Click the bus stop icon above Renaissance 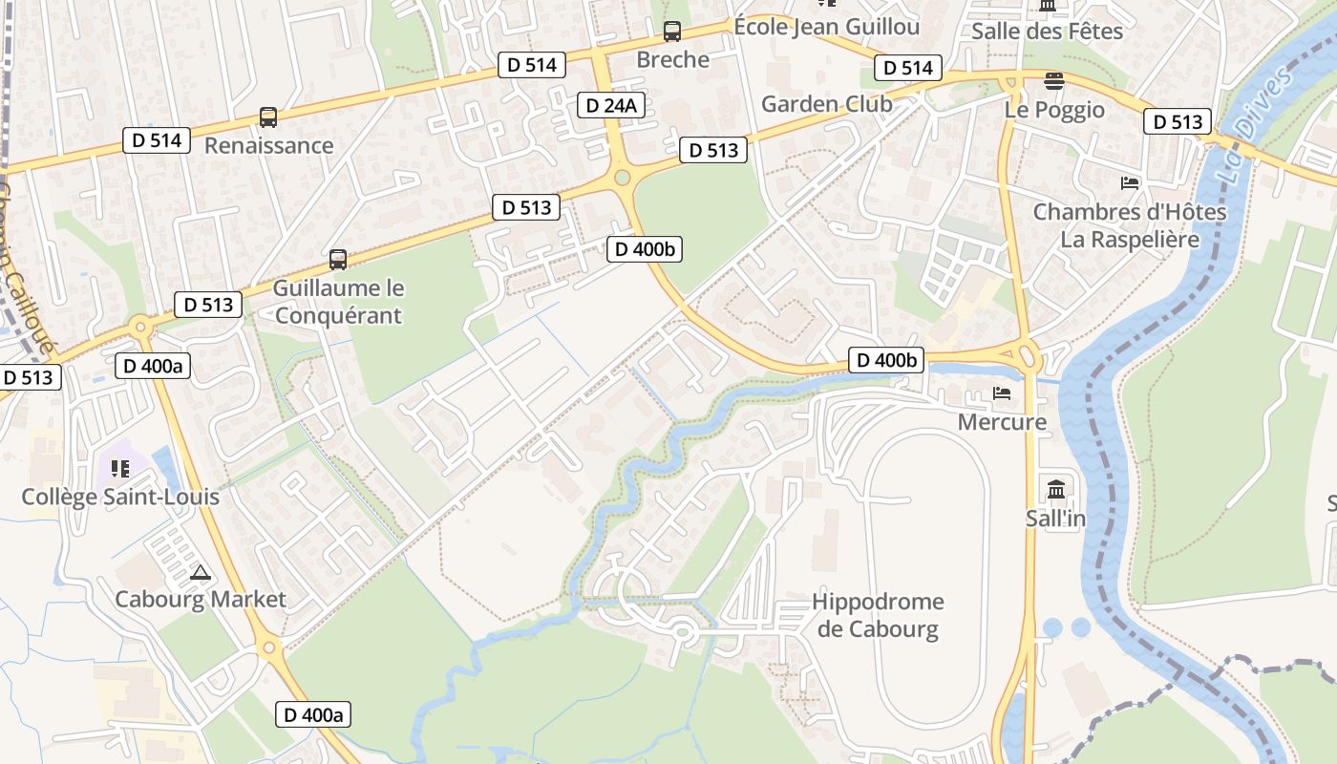268,117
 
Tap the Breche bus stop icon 672,32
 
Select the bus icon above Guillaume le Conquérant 338,259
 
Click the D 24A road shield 611,105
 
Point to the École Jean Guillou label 826,27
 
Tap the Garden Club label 826,104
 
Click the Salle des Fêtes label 1047,32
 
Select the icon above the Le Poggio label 1053,81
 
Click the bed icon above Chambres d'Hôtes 1130,183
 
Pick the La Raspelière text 1130,239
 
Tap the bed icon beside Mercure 1002,393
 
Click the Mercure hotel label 1002,421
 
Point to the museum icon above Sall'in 1056,489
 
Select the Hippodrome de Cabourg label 878,615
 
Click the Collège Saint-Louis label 120,497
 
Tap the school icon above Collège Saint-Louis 120,468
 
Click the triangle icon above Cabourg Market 200,573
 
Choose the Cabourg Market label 200,600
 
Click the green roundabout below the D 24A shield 623,177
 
